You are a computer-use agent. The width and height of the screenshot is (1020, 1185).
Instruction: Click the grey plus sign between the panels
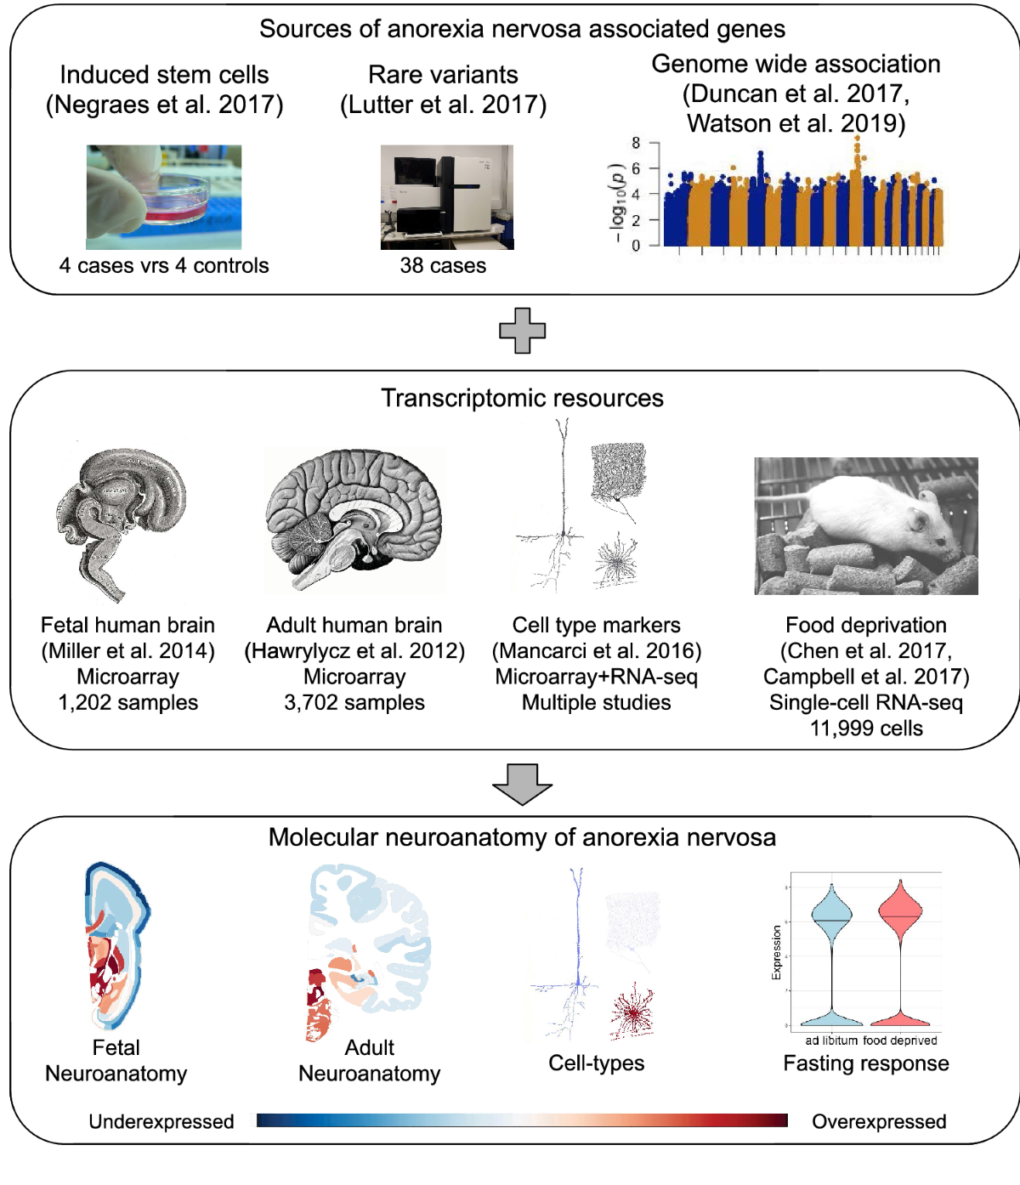pos(522,331)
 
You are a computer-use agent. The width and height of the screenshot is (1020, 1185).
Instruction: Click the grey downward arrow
pos(522,783)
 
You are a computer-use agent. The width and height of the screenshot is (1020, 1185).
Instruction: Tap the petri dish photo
pos(164,197)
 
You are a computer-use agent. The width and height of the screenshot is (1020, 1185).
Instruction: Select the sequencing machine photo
pos(447,197)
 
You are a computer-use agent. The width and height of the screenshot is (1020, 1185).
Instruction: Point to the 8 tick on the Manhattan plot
pos(636,143)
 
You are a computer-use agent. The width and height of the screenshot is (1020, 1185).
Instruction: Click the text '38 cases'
pos(443,266)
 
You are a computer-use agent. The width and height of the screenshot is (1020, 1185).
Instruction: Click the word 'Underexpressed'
pos(161,1122)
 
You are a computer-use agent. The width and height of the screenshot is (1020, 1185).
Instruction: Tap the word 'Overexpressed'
pos(879,1122)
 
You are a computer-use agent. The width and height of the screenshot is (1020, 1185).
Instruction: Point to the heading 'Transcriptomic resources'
pos(522,399)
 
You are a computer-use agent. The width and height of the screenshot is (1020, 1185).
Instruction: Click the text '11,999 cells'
pos(866,729)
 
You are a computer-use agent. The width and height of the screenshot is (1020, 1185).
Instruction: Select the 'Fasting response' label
pos(866,1063)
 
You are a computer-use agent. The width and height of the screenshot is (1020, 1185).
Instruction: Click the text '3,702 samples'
pos(354,703)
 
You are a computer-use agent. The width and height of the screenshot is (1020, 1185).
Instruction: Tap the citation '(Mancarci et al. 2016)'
pos(597,651)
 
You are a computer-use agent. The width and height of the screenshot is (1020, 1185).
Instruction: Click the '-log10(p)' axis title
pos(617,201)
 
